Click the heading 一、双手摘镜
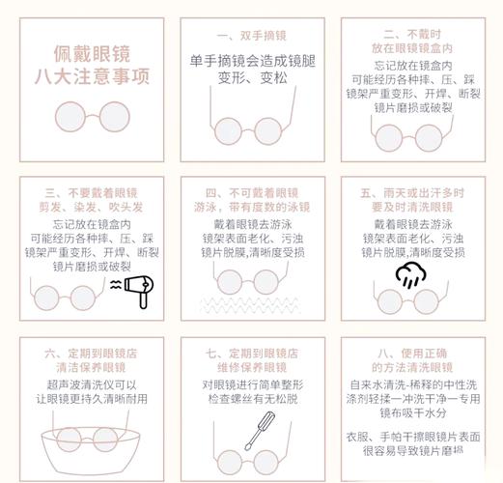pyautogui.click(x=251, y=34)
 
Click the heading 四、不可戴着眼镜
pyautogui.click(x=251, y=191)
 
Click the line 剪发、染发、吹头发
pyautogui.click(x=87, y=206)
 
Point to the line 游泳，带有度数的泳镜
pyautogui.click(x=251, y=206)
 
